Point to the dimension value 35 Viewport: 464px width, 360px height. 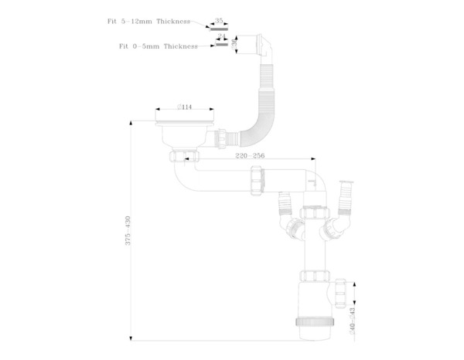[219, 20]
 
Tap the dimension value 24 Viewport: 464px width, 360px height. [221, 36]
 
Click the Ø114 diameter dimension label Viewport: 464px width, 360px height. [184, 107]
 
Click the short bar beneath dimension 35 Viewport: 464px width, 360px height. [219, 28]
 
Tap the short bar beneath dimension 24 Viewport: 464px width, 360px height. [221, 45]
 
